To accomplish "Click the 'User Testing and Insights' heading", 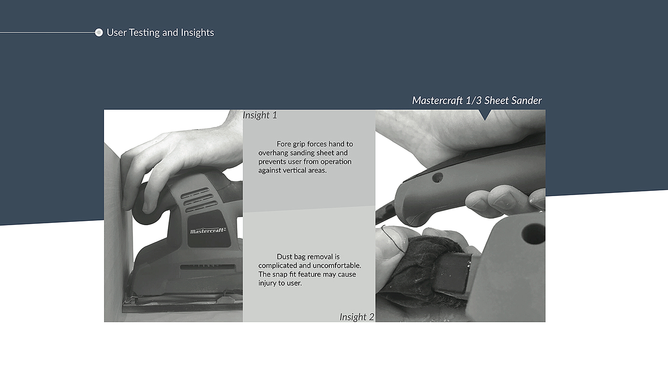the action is pos(160,32).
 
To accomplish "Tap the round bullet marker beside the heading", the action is pos(99,32).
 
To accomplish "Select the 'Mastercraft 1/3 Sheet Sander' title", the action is pos(477,101).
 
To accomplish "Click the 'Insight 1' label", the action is pos(260,115).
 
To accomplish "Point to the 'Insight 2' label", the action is pos(357,317).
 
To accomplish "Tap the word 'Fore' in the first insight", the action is pos(283,144).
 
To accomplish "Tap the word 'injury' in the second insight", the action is pos(267,283).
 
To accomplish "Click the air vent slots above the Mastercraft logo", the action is pos(199,200).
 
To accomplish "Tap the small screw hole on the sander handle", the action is pos(437,178).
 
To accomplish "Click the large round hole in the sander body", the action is pos(533,234).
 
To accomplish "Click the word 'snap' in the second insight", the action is pos(279,275).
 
